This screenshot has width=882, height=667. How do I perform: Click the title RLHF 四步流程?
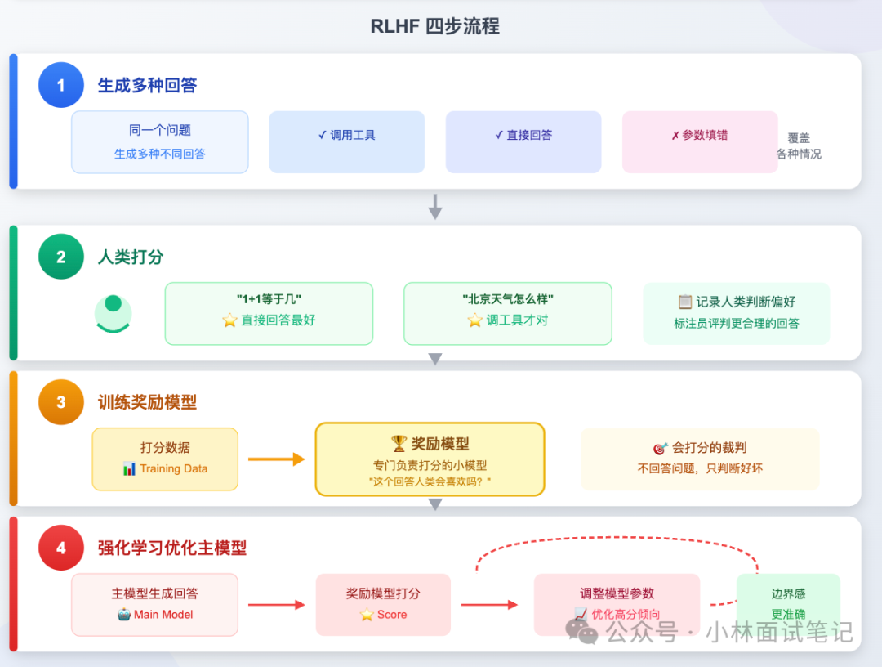(x=434, y=26)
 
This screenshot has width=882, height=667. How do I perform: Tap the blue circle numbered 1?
(x=61, y=85)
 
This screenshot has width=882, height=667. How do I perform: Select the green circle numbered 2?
(x=61, y=257)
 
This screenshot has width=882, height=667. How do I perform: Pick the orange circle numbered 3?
(x=61, y=402)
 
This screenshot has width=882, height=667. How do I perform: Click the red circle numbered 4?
(x=61, y=548)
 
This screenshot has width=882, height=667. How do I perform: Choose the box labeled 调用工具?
(x=347, y=142)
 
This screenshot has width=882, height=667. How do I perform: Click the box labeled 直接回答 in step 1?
(x=523, y=142)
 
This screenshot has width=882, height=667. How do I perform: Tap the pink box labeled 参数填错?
(x=700, y=142)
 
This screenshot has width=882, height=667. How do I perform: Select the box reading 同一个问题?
(x=160, y=142)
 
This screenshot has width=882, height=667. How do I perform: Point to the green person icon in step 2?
(x=113, y=313)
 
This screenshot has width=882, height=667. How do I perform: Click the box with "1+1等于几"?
(x=269, y=313)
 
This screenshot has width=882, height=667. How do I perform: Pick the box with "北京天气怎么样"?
(x=507, y=313)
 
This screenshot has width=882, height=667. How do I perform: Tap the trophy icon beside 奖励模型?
(x=399, y=444)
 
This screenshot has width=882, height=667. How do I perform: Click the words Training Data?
(x=173, y=469)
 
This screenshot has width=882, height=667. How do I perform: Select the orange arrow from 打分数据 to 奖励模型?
(x=276, y=459)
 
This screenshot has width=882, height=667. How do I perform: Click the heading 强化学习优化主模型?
(x=172, y=548)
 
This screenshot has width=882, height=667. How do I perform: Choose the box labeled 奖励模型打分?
(x=383, y=604)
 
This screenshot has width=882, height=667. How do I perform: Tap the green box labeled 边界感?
(x=788, y=603)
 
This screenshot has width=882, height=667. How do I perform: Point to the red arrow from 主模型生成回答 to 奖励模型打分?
(x=276, y=605)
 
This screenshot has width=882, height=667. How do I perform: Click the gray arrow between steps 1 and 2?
(x=435, y=207)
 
